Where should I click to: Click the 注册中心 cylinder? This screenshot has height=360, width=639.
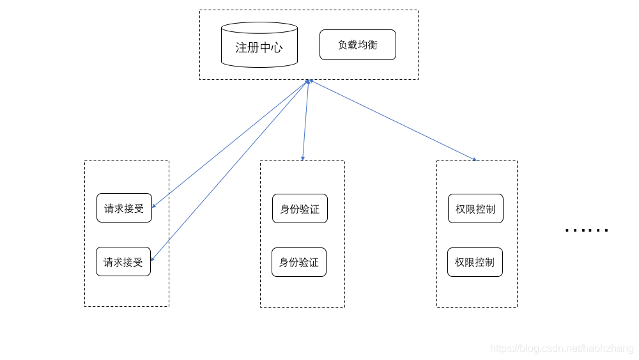tap(259, 47)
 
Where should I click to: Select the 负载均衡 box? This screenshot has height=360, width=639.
tap(357, 45)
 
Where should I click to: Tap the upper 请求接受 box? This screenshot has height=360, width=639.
tap(124, 208)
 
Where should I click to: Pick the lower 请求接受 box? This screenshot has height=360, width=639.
tap(123, 262)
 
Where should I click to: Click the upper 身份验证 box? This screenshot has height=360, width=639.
tap(300, 208)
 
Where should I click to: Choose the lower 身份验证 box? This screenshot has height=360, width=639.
tap(299, 262)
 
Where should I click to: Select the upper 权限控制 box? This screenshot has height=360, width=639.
tap(475, 208)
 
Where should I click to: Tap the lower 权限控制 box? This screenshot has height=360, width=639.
tap(475, 262)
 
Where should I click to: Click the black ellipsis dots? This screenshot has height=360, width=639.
tap(587, 230)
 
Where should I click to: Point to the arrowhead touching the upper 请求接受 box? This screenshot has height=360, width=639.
tap(153, 207)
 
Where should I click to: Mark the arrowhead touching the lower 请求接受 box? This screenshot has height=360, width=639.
tap(152, 260)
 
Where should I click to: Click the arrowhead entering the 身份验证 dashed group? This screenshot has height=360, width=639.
tap(303, 159)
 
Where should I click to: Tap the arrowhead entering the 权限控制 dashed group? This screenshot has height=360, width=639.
tap(475, 159)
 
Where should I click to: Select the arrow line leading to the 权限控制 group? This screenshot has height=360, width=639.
tap(393, 120)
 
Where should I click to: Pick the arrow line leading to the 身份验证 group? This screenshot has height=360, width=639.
tap(305, 120)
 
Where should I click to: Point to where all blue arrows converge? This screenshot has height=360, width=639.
tap(309, 81)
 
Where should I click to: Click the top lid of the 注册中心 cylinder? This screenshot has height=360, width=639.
tap(259, 27)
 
